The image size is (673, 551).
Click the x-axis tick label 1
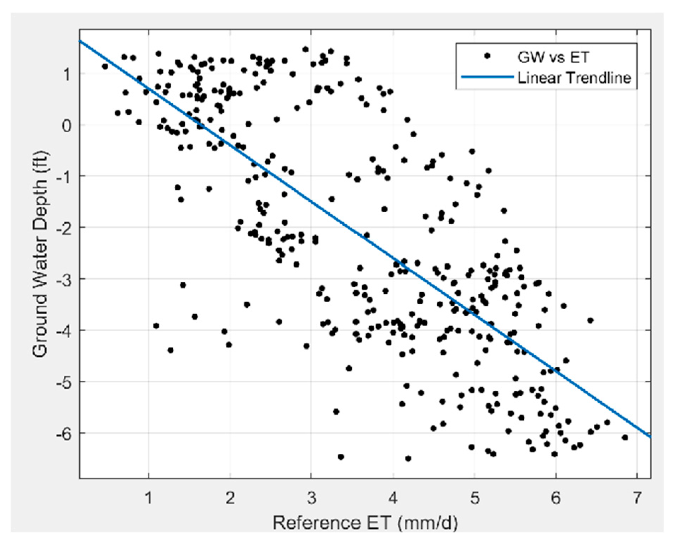(149, 498)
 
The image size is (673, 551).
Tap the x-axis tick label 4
(392, 498)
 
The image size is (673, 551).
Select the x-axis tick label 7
(637, 498)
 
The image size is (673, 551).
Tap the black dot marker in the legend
(487, 56)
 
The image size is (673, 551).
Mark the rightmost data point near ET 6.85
(625, 437)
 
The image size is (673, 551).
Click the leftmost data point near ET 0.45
(105, 66)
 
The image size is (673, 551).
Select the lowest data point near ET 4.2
(408, 458)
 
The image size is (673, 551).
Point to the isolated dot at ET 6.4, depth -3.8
(590, 320)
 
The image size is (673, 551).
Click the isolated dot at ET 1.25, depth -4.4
(170, 350)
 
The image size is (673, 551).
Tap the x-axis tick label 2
(230, 498)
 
